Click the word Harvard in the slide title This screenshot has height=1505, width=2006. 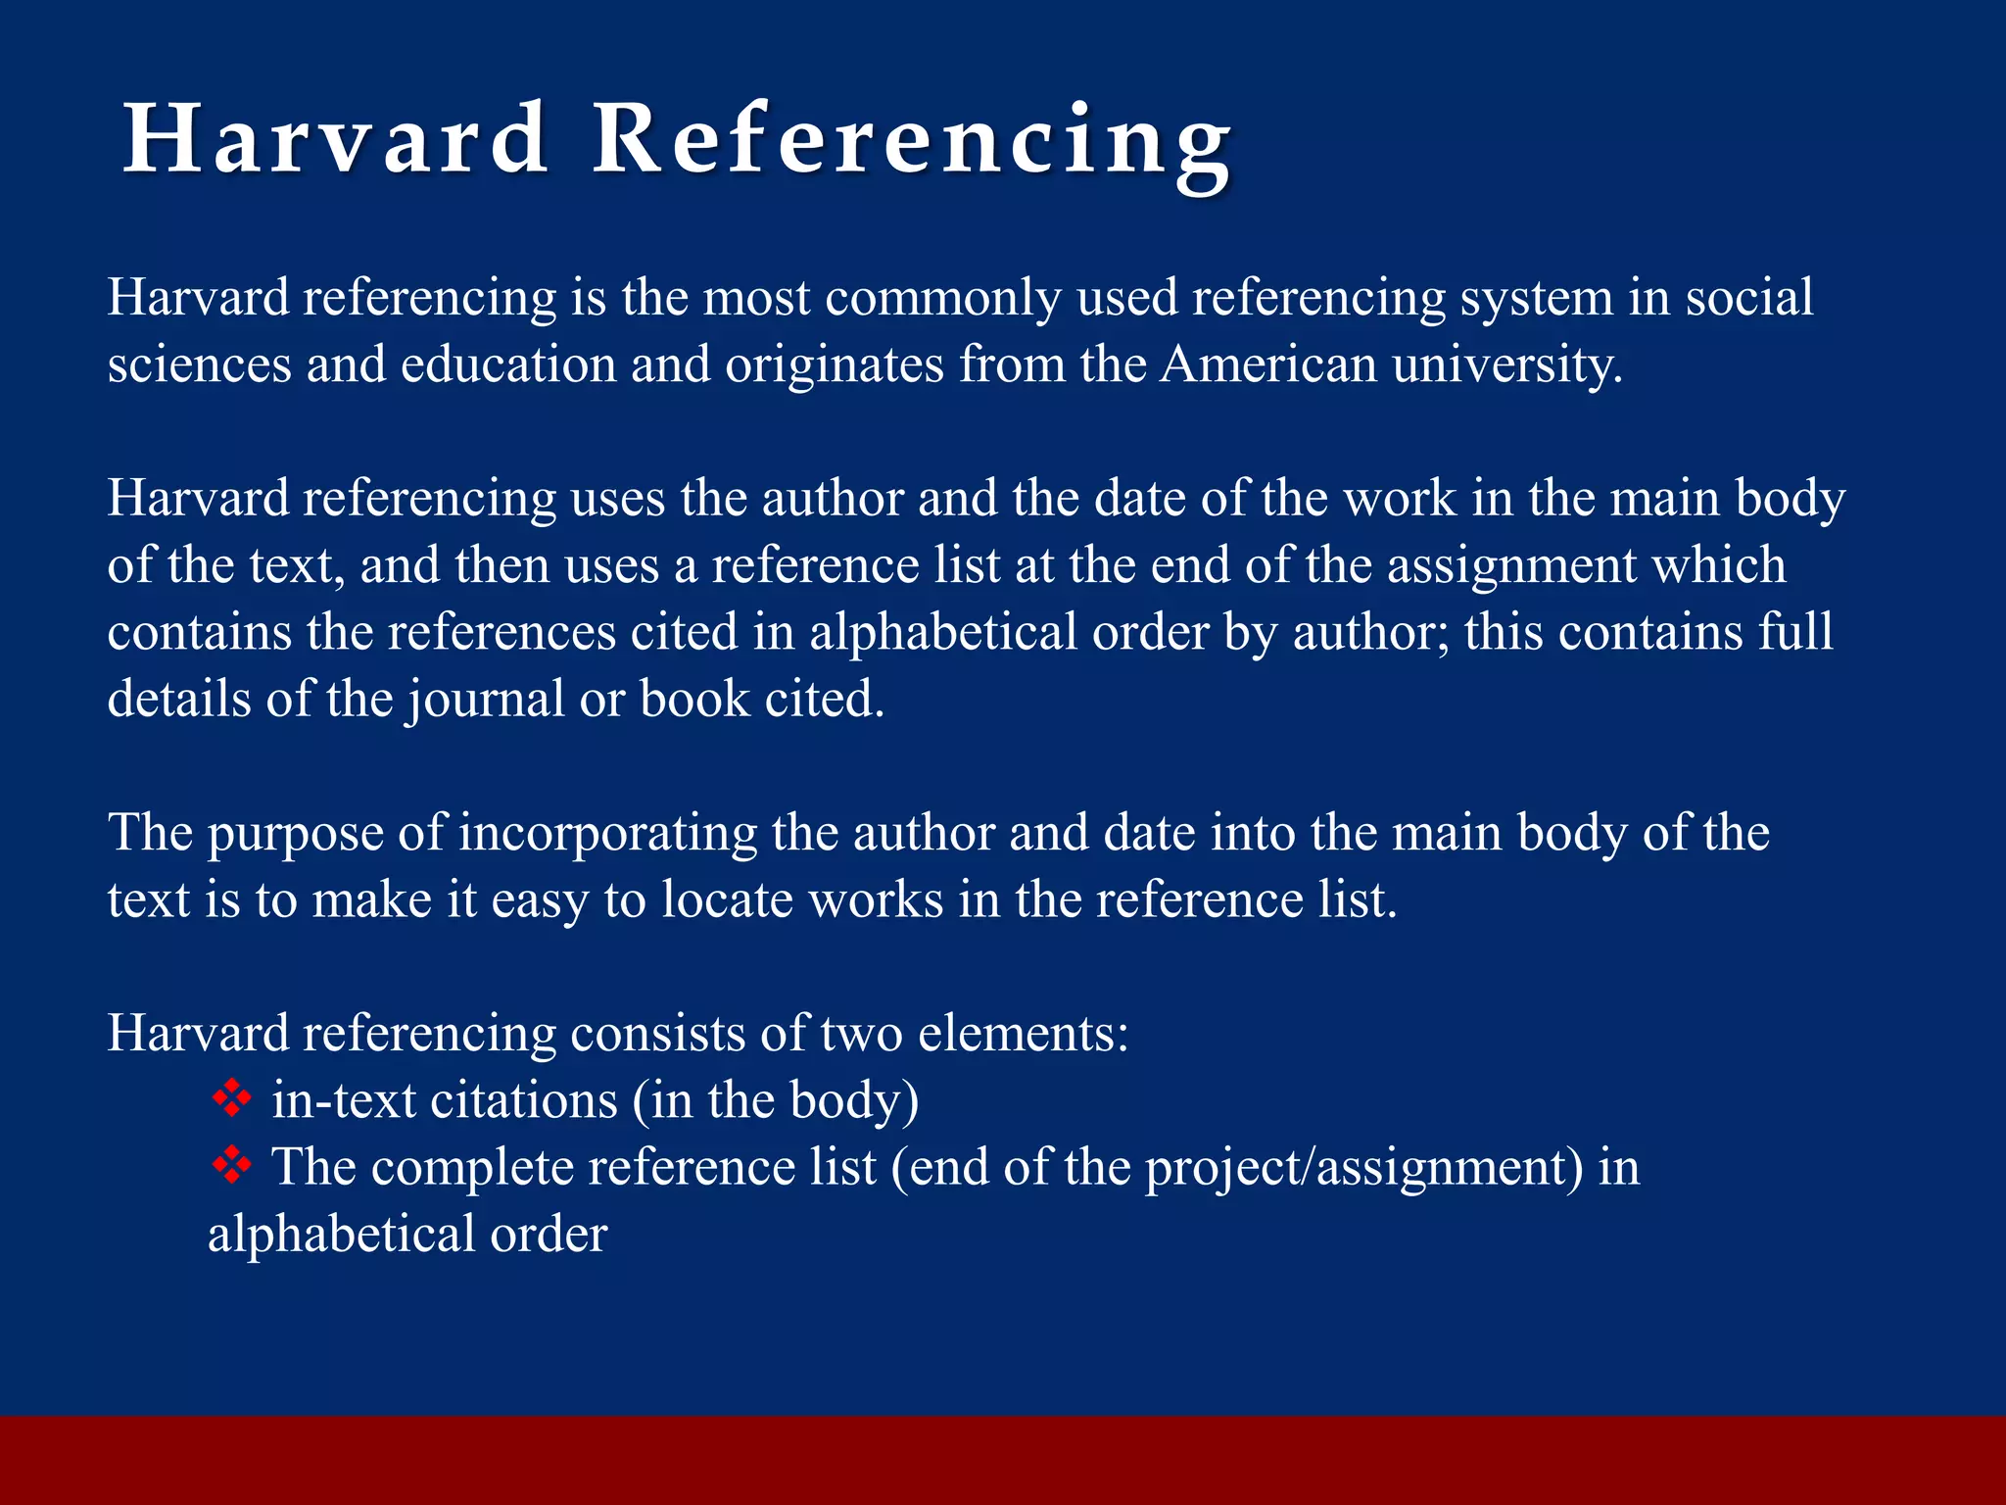[335, 139]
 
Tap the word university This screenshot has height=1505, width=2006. [1506, 364]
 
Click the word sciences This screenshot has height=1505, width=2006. [199, 364]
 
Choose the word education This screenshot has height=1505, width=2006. [508, 364]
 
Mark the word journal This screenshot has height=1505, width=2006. [486, 700]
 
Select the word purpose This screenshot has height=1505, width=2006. [295, 834]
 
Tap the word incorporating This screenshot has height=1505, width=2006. [607, 834]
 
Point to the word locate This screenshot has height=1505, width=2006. [726, 899]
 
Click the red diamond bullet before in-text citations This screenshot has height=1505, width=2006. [232, 1098]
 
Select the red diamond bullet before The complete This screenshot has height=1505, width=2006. [232, 1165]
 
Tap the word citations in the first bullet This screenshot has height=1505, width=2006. [524, 1100]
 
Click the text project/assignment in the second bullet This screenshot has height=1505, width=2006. [1363, 1168]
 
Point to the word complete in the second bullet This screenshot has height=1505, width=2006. [471, 1168]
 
